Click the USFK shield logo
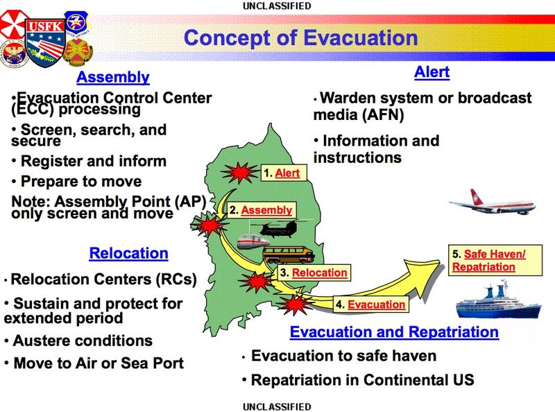46,42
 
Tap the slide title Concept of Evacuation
300,38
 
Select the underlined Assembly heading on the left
113,77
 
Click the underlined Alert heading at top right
432,72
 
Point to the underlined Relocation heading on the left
128,253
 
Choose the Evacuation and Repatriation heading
394,332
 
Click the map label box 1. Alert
284,173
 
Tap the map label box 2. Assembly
262,210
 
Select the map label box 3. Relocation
314,273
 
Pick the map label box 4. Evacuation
371,304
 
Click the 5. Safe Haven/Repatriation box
495,260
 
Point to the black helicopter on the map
278,228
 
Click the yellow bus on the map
289,255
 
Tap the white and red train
253,240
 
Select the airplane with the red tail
493,203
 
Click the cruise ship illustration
498,301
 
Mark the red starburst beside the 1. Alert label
240,173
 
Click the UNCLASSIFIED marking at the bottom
277,406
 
